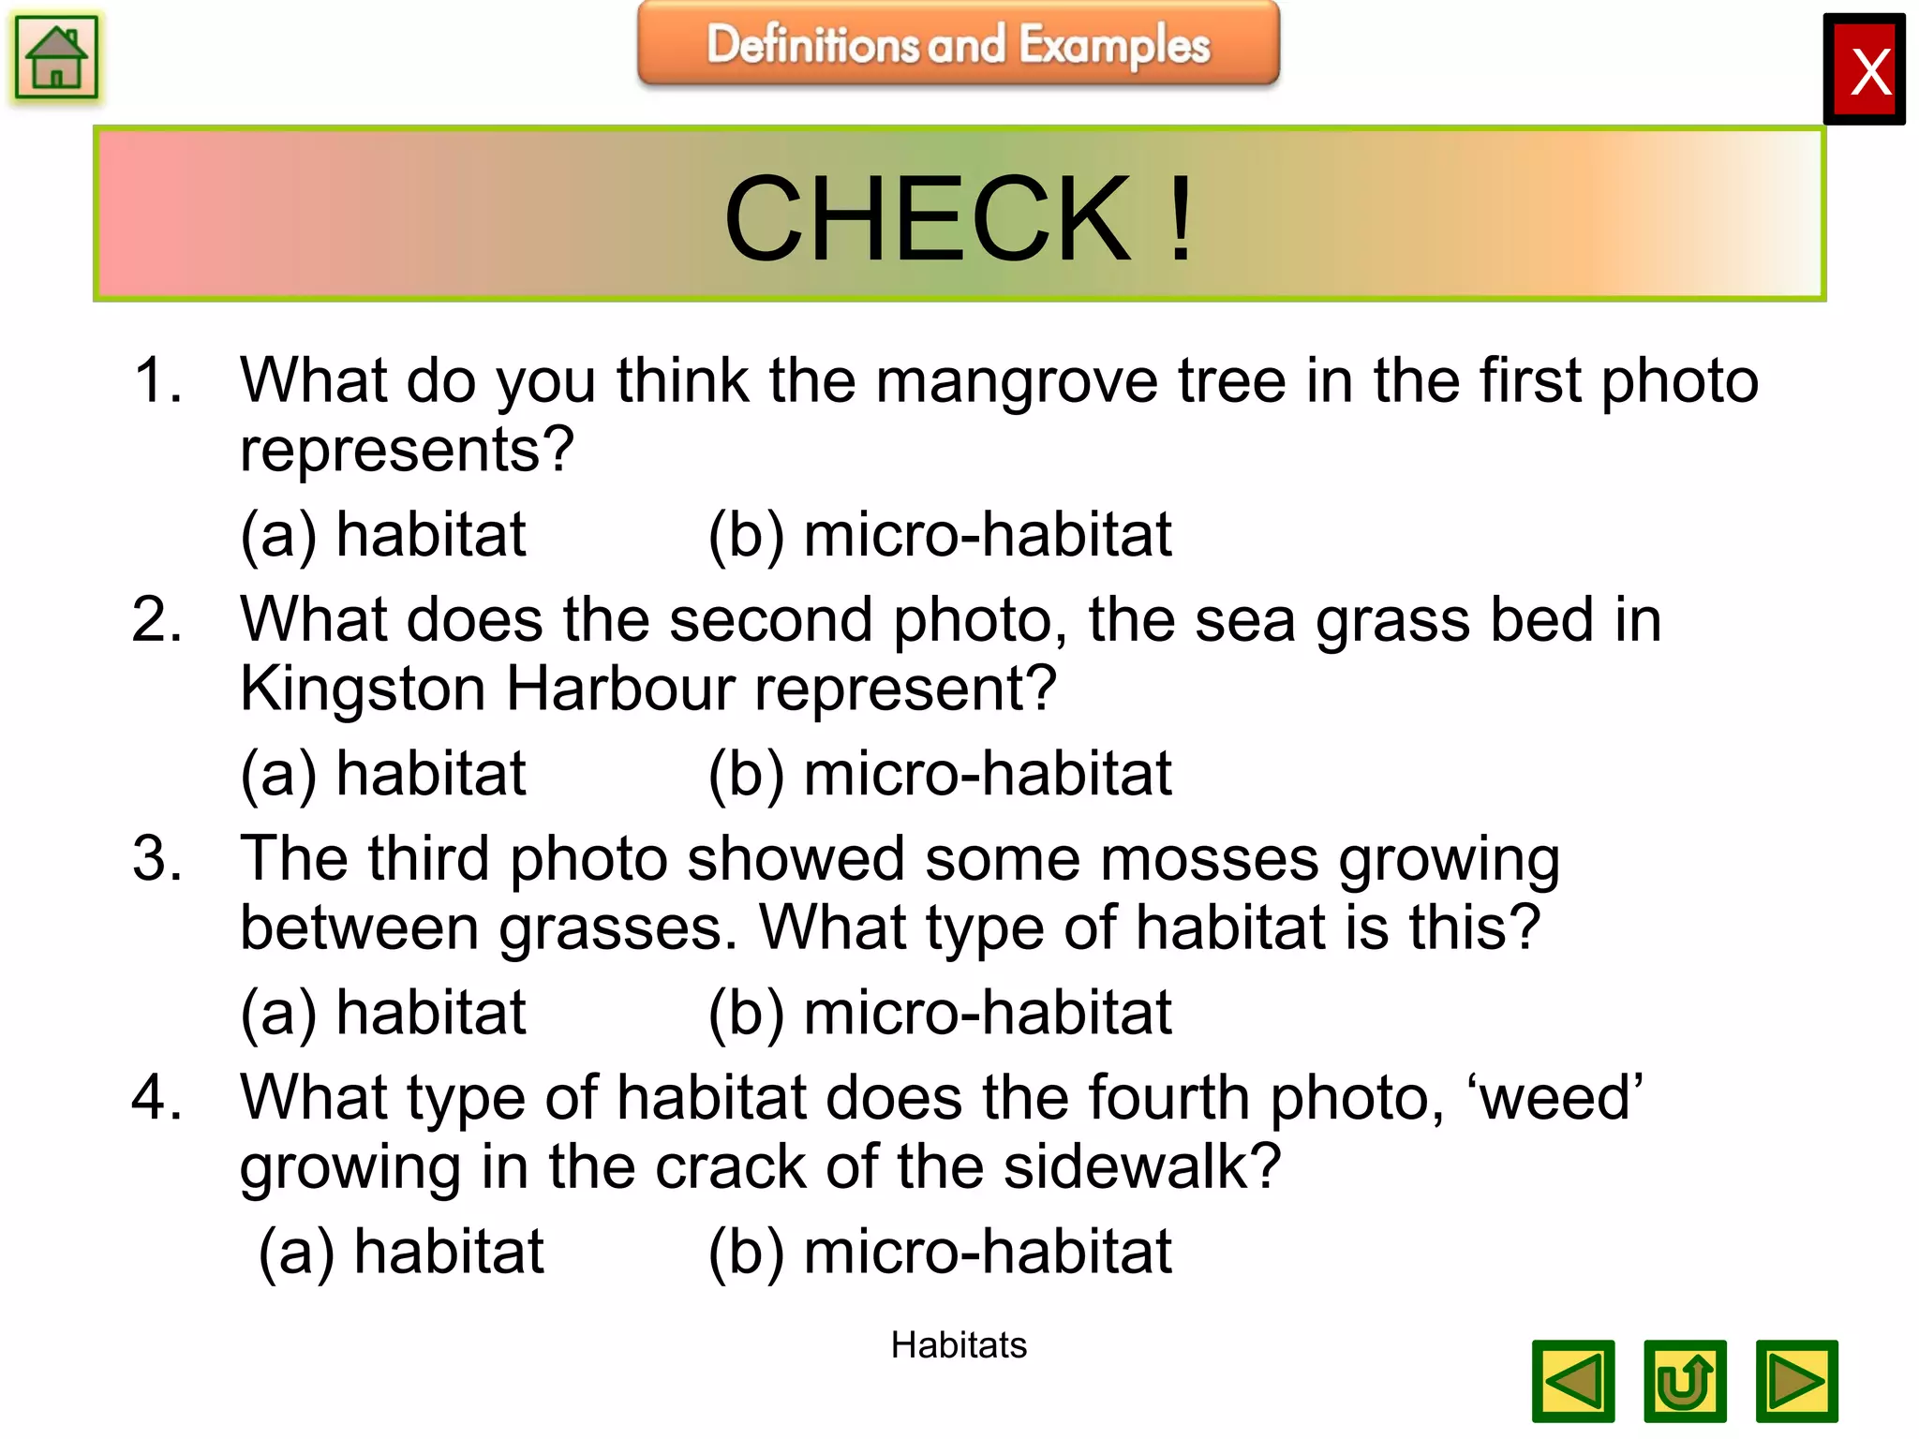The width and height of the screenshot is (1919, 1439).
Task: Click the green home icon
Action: click(56, 58)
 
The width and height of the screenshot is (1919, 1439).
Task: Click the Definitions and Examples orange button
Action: click(958, 44)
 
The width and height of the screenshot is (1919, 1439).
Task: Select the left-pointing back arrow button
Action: click(1572, 1381)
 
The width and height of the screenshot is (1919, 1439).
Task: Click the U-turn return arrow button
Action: click(1685, 1381)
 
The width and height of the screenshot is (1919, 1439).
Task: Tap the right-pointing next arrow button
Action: click(1796, 1381)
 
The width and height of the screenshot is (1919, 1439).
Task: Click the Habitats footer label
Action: click(958, 1345)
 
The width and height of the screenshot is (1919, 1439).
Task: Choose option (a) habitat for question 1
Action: click(383, 535)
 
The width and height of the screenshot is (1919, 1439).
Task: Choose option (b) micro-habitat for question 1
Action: click(940, 535)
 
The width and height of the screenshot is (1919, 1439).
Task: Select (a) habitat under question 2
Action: click(383, 774)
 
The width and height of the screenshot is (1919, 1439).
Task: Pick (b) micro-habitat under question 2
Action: click(940, 774)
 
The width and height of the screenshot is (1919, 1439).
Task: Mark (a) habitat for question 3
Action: click(383, 1013)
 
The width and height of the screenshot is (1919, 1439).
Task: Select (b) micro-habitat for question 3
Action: click(940, 1013)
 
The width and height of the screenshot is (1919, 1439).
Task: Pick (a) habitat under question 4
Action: click(401, 1252)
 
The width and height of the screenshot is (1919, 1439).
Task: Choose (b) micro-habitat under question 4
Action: click(940, 1252)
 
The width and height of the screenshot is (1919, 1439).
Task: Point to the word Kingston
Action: click(363, 689)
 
